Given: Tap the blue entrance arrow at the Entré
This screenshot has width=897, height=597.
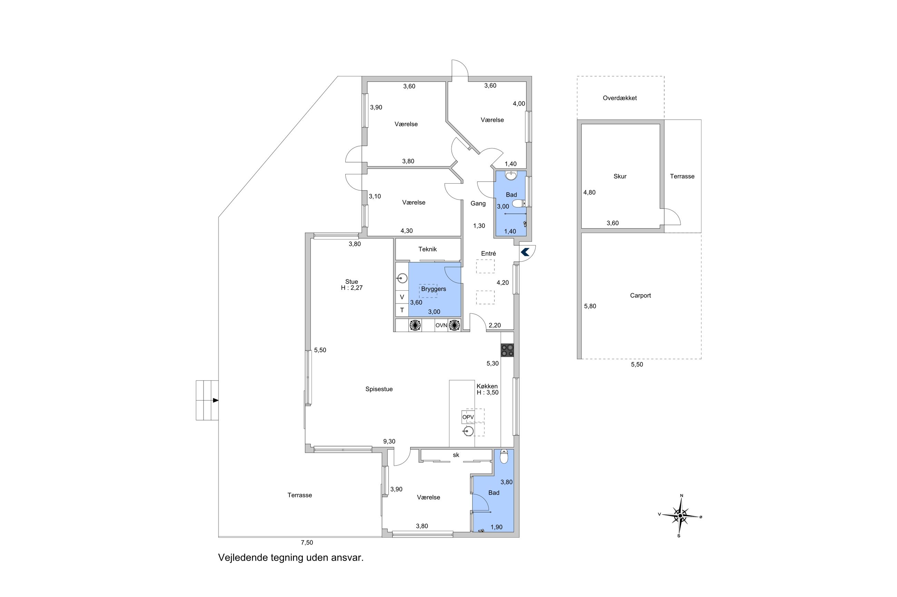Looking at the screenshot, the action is [x=525, y=252].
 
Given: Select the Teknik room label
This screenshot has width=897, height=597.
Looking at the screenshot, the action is [x=427, y=249].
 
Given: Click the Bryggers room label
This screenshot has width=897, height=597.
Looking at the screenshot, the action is [x=433, y=289].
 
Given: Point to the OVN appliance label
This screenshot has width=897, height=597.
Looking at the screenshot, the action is [x=441, y=326].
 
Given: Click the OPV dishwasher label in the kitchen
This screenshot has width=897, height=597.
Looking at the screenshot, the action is [x=468, y=417].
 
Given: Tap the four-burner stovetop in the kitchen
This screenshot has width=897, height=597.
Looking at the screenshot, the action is [x=507, y=350].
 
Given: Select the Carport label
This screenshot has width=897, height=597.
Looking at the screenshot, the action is [x=640, y=296].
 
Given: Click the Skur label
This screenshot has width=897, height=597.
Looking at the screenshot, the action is [x=620, y=176].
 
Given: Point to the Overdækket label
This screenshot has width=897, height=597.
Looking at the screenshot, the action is [x=620, y=98].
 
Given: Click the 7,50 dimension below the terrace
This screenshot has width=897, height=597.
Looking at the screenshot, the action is [x=307, y=543].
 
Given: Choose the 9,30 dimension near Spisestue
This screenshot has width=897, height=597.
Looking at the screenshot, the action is [x=389, y=441].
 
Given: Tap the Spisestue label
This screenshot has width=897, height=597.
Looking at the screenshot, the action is [x=379, y=389].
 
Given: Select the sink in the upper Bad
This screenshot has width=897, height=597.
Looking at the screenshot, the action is [x=511, y=176].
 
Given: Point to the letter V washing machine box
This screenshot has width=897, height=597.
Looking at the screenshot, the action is [x=402, y=297].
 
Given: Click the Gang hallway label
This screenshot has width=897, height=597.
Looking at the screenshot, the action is [x=478, y=203].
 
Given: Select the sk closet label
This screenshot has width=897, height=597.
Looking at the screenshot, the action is [x=456, y=455].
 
